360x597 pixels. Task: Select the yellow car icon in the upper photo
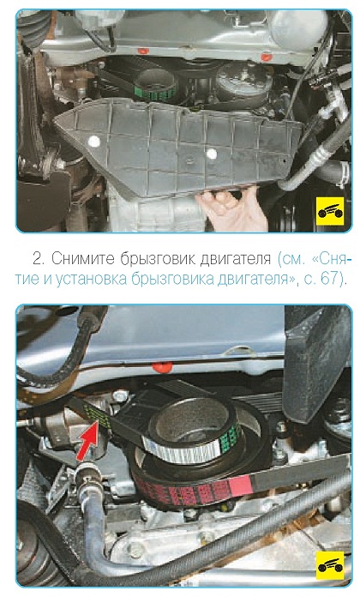click(x=330, y=211)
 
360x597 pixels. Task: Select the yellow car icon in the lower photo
click(x=329, y=565)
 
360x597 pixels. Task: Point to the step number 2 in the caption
click(x=37, y=259)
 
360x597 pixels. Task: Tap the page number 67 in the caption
click(x=328, y=279)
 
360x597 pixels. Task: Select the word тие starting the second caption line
click(x=27, y=279)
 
